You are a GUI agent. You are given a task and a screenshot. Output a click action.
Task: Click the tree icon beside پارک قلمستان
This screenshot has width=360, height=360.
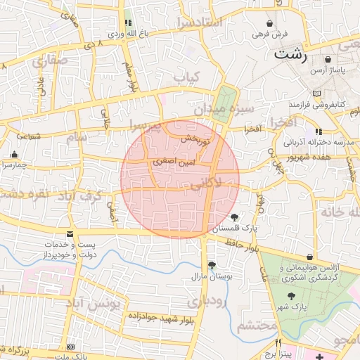pos(234,217)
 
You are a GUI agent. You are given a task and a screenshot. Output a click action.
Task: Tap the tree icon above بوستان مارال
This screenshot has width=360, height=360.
pos(212,264)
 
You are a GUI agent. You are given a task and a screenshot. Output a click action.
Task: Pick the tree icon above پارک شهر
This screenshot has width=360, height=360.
pos(292,296)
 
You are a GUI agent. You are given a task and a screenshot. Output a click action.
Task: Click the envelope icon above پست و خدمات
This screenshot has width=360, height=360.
pos(69,233)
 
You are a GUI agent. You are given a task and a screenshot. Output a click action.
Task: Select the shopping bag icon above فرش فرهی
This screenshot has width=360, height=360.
pos(270,23)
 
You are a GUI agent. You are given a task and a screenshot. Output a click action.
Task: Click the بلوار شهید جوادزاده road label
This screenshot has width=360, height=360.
pos(161,316)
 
